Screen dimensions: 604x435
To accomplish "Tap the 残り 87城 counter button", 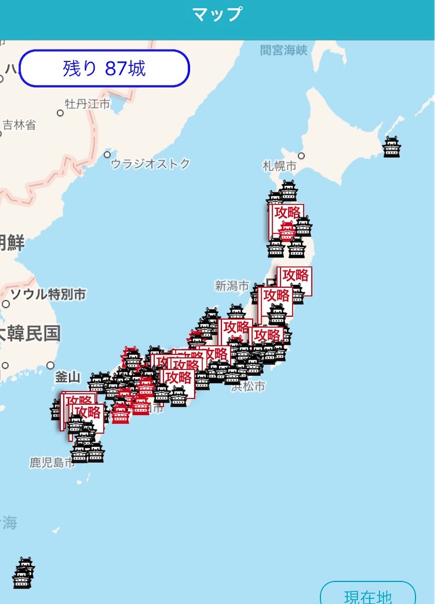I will tap(104, 69).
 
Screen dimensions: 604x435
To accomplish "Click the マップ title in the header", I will tap(217, 14).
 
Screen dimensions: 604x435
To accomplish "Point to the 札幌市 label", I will tap(280, 166).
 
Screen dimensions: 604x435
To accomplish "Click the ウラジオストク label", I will tap(151, 164).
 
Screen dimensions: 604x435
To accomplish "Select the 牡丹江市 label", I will tap(88, 104).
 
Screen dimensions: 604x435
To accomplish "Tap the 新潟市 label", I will tap(232, 286).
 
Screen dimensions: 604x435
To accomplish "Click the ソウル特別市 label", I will tap(48, 294).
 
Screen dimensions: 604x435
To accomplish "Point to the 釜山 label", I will tap(67, 377).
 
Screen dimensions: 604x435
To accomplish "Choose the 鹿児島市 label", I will tap(51, 462).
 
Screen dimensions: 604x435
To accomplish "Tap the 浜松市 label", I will tap(248, 387).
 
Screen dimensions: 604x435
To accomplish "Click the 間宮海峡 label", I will tap(284, 50).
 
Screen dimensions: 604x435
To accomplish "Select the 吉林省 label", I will tap(19, 124).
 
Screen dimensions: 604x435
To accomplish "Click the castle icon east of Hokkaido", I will tap(392, 147).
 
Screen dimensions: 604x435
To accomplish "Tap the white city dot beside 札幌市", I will tap(301, 156).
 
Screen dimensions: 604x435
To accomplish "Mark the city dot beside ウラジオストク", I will tap(107, 155).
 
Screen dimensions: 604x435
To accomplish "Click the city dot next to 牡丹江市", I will tap(60, 113).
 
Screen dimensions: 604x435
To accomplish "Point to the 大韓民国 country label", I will tap(30, 334).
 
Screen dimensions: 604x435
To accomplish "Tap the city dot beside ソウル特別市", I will tap(6, 304).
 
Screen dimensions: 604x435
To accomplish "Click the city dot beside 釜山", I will tap(51, 365).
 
